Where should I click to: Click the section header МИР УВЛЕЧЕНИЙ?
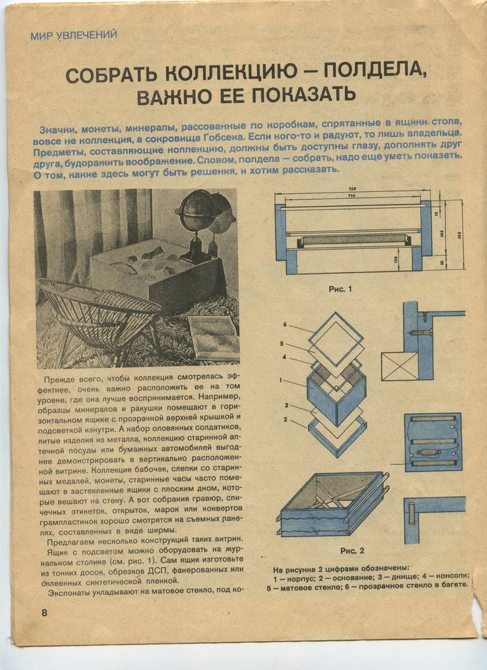coord(73,34)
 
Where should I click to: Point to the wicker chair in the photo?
coord(97,317)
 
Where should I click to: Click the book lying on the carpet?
coord(213,337)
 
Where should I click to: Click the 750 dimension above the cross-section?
coord(354,189)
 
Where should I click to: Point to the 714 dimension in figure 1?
coord(354,198)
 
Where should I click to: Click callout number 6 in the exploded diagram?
coord(285,325)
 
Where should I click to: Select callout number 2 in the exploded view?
coord(285,420)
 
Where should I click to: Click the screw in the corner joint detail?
coord(422,333)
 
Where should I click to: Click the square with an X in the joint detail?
coord(399,366)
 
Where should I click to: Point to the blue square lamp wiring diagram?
coord(433,442)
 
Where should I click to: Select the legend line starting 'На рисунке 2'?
coord(341,568)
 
